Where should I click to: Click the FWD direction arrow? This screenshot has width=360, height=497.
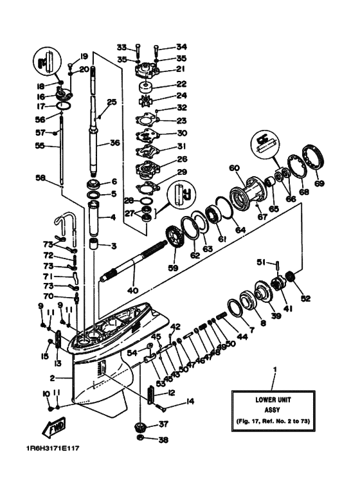(55, 428)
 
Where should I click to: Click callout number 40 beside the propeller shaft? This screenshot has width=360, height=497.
(133, 291)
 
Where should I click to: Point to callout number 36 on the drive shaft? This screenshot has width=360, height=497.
(114, 143)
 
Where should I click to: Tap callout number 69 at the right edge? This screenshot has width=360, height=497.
(319, 183)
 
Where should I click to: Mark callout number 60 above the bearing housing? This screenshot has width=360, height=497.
(234, 168)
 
